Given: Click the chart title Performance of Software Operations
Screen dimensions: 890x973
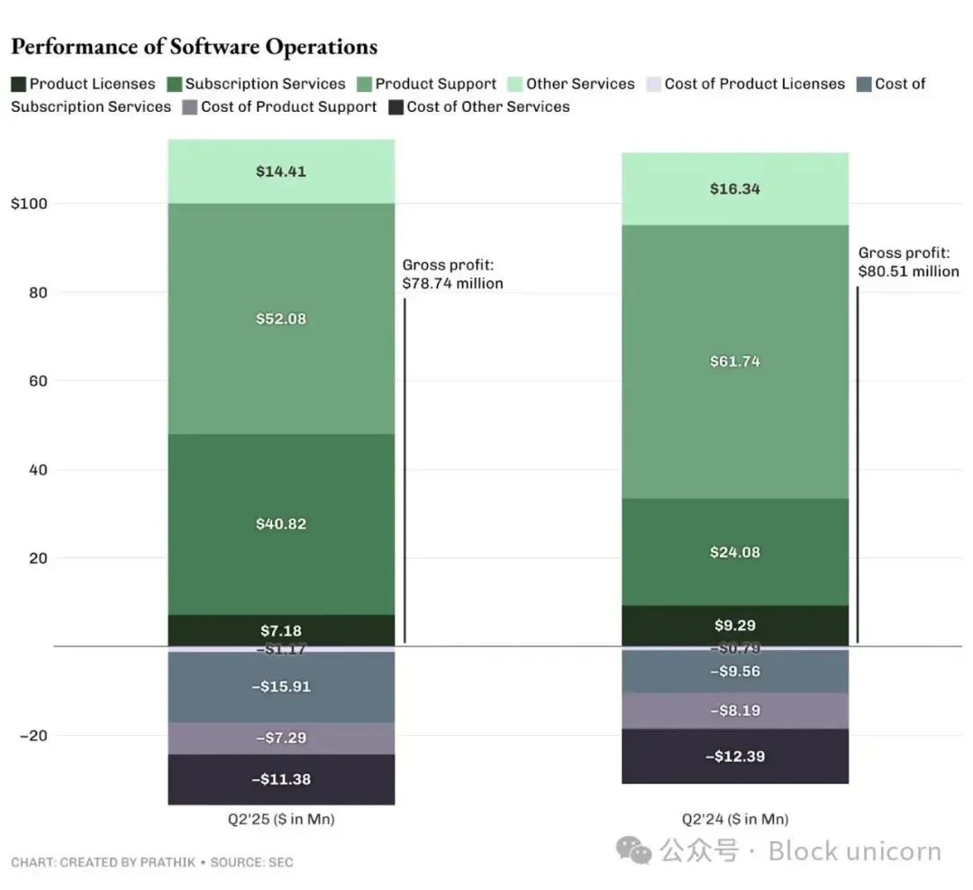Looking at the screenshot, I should [x=194, y=47].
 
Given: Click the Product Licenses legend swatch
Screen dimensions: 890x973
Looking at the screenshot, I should [x=19, y=84].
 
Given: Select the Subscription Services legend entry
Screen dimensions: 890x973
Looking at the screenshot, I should [x=265, y=84].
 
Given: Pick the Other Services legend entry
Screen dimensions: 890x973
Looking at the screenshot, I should [x=580, y=84].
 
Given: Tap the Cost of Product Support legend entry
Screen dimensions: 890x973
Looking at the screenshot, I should [x=288, y=106].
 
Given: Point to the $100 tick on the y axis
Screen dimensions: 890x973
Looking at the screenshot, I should [x=29, y=204].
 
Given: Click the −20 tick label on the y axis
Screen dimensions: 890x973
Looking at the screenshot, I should [x=33, y=736].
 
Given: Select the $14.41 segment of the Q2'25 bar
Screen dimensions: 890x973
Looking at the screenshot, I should [x=281, y=171].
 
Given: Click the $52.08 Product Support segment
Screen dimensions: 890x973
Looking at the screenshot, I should [x=281, y=319].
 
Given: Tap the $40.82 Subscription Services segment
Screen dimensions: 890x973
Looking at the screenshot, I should [x=281, y=524].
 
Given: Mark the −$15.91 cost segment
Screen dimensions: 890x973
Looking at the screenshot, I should [x=281, y=687].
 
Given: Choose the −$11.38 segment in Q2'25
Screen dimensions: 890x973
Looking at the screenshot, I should [x=281, y=779].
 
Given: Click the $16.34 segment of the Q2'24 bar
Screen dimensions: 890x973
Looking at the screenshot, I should [x=735, y=189].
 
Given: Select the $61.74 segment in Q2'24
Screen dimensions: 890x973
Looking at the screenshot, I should [x=735, y=362].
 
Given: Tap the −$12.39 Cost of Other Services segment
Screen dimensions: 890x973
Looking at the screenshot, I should [x=735, y=757].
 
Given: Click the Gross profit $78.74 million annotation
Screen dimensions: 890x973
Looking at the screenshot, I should [x=452, y=274].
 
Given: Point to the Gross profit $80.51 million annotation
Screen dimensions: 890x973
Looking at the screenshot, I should [x=908, y=262].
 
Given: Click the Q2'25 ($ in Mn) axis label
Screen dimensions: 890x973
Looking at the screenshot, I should [x=281, y=820].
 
